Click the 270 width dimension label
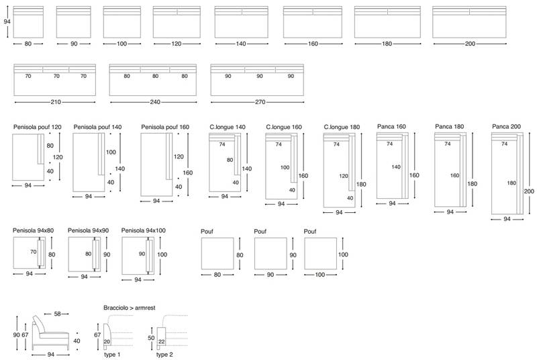click(x=260, y=102)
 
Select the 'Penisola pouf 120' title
click(x=38, y=127)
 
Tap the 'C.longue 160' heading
click(x=284, y=127)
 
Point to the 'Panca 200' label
click(x=506, y=126)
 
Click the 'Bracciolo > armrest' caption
click(x=129, y=308)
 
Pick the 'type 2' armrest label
click(x=164, y=355)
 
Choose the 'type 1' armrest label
click(x=112, y=355)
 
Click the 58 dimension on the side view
click(x=57, y=314)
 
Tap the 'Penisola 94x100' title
click(x=143, y=230)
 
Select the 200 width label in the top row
click(x=470, y=44)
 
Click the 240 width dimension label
click(x=155, y=102)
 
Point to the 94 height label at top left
click(x=7, y=21)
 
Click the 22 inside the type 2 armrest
click(x=162, y=341)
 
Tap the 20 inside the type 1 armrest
click(x=107, y=341)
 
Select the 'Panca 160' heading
click(x=391, y=126)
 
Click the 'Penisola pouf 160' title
click(x=165, y=127)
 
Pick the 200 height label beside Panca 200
click(x=529, y=191)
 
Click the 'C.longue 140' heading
click(x=228, y=127)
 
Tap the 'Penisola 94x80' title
click(x=33, y=230)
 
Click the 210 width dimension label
click(x=56, y=102)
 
